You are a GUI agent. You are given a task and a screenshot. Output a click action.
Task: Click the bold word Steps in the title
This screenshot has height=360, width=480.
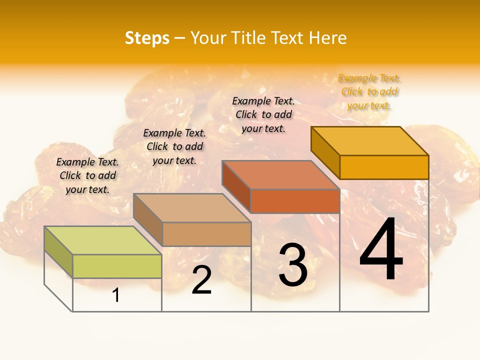pos(147,38)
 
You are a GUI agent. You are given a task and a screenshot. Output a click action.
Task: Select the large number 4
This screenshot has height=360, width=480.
pos(381,250)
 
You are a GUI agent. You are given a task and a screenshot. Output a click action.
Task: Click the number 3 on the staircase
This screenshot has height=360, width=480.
pos(293,265)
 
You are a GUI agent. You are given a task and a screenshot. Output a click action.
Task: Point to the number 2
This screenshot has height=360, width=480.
pos(201,280)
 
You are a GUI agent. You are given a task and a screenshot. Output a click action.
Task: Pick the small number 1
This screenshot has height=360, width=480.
pos(116,295)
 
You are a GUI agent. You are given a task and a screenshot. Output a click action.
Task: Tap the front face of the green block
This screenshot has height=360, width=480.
pos(117,266)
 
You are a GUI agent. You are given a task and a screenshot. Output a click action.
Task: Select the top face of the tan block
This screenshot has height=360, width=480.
pos(192,207)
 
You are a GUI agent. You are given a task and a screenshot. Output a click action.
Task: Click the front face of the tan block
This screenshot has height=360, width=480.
pos(206,234)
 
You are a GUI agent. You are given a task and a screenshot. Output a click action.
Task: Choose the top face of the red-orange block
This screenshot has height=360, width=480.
pos(280,175)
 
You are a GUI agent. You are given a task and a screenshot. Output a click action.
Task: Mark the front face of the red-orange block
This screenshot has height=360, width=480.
pos(295,201)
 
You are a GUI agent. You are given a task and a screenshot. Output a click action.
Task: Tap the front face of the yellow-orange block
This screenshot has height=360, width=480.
pos(384,167)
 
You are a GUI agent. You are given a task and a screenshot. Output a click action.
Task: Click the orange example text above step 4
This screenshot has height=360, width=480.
pos(369,92)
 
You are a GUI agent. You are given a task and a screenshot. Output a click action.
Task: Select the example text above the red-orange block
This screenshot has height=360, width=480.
pos(263,114)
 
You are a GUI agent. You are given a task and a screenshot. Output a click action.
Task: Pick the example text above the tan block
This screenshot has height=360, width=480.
pos(174,146)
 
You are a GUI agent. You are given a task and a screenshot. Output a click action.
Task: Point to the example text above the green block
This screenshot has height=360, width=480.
pos(87,175)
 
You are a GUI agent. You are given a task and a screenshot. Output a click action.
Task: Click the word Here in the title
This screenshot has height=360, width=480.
pos(327,38)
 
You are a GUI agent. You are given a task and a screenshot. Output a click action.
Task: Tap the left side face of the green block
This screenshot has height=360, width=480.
pos(58,252)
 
